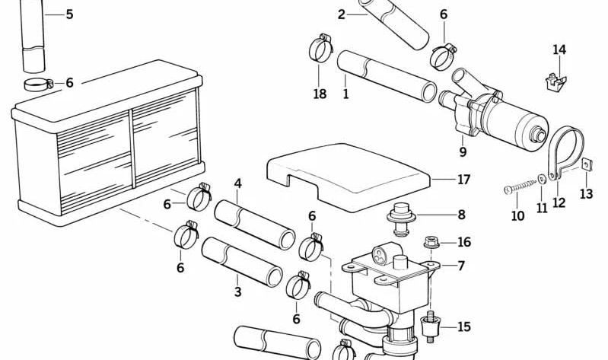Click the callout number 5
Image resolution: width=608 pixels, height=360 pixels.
(69, 14)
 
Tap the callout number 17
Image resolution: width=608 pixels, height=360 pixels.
(463, 180)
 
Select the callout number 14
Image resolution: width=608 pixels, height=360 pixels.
(559, 50)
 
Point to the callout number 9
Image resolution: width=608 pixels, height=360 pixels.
(463, 152)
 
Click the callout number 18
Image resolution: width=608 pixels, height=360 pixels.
(319, 94)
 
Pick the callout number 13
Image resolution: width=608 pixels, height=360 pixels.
(586, 194)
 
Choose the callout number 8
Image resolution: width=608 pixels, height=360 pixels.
(461, 215)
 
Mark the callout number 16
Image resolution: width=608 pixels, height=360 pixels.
(463, 242)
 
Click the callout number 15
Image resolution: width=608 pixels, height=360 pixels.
(463, 327)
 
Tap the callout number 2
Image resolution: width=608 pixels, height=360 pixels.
(342, 14)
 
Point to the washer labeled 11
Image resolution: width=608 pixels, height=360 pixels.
(541, 180)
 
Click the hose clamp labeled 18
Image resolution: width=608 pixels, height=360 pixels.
(320, 49)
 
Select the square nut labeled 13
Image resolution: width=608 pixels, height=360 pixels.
(585, 165)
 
